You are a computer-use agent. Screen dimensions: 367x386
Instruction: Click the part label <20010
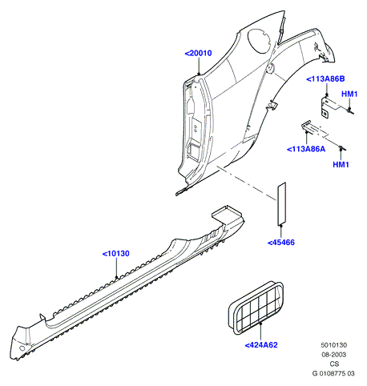click(198, 53)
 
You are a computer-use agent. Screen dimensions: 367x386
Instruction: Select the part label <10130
click(116, 253)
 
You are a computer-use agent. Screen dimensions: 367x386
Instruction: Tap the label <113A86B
click(325, 78)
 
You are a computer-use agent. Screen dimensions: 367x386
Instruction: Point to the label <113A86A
click(306, 149)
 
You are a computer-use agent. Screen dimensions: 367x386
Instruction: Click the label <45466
click(281, 243)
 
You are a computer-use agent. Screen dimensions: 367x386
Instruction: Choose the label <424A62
click(261, 345)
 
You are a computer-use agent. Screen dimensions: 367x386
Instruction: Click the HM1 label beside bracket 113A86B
click(349, 94)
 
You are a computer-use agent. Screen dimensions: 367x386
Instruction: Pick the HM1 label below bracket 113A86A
click(341, 164)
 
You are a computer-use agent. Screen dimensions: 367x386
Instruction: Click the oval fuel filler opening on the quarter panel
click(260, 41)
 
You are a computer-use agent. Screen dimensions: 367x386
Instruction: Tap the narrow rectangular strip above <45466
click(281, 203)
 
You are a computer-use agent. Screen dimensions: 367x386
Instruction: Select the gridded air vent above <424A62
click(256, 308)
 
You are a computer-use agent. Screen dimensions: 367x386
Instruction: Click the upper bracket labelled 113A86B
click(331, 107)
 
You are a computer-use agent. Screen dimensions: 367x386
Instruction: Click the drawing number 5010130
click(334, 345)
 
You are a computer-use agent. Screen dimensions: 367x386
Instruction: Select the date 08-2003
click(334, 355)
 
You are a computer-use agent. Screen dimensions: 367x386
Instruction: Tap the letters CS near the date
click(334, 364)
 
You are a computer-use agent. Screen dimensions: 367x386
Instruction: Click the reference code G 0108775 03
click(333, 373)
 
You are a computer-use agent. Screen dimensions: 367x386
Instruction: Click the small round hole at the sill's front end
click(22, 348)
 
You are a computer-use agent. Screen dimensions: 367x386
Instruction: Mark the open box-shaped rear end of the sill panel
click(227, 213)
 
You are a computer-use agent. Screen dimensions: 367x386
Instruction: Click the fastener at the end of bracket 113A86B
click(350, 111)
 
